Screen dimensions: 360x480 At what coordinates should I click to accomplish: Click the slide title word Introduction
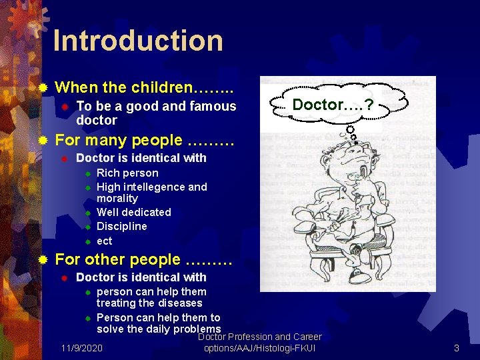pos(138,41)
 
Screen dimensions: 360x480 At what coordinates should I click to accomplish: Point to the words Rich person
pos(127,173)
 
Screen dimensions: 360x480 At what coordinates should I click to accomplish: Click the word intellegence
pos(152,187)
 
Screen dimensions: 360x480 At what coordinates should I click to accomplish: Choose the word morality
pos(117,199)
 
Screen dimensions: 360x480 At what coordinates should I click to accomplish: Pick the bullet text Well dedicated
pos(133,213)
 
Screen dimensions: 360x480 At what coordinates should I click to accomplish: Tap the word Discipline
pos(122,227)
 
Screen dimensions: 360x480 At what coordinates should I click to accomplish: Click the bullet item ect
pos(105,241)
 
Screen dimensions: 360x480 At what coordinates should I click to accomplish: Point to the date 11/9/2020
pos(81,348)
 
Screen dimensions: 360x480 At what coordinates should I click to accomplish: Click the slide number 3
pos(457,348)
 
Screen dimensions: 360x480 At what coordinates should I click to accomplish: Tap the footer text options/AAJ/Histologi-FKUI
pos(259,348)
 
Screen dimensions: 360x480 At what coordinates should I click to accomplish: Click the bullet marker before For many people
pos(43,141)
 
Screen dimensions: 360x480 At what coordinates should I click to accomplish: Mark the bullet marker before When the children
pos(43,87)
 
